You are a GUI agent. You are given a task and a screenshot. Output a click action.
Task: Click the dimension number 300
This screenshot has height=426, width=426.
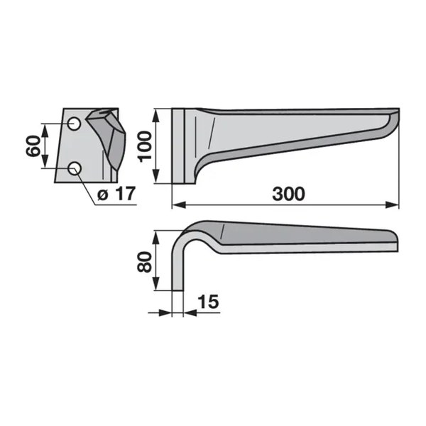288,194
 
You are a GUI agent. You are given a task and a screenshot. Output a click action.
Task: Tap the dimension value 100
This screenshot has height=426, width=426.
145,147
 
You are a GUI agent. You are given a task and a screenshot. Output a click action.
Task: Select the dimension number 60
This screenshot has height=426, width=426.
33,146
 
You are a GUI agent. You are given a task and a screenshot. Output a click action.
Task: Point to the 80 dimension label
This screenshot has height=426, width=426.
144,262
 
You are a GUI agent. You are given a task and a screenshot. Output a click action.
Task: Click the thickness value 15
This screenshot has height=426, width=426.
208,302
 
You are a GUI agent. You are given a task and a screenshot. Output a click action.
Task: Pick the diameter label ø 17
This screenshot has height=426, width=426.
116,194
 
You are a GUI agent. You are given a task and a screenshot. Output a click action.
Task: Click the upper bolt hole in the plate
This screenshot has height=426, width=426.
74,124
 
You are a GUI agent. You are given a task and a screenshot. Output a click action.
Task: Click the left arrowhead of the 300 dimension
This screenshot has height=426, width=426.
179,205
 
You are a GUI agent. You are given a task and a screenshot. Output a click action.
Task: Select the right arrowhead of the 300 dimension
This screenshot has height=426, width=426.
393,205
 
